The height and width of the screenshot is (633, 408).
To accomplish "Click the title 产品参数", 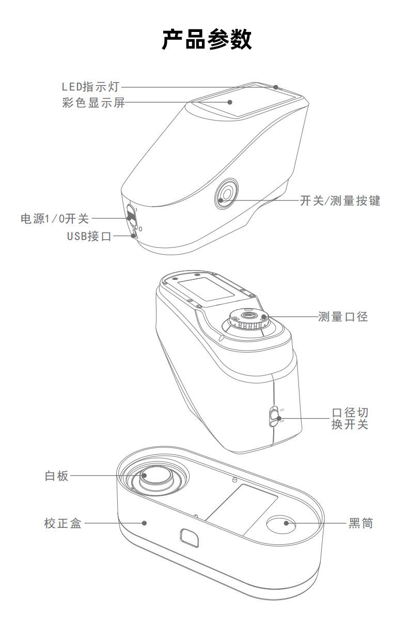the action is coord(207,39).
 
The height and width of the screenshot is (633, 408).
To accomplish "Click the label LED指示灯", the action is coord(90,87).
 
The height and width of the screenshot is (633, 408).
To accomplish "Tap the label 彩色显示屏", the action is coord(93,103).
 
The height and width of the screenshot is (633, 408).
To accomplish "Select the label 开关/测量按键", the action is coord(340,201).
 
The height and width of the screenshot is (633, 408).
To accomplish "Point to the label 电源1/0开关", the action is coord(55,219).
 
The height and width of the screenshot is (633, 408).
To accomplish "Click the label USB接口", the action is coord(89,236).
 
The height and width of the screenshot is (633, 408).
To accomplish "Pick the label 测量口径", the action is coord(343,316).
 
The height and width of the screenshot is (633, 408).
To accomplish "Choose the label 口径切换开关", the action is coord(350,419).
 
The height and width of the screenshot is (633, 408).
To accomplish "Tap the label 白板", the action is coord(57,476).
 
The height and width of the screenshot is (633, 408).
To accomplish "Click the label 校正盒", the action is coord(63,523).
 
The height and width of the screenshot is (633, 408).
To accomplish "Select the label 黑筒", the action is coord(360,523).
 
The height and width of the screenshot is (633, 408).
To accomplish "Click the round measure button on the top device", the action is coord(226,194).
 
